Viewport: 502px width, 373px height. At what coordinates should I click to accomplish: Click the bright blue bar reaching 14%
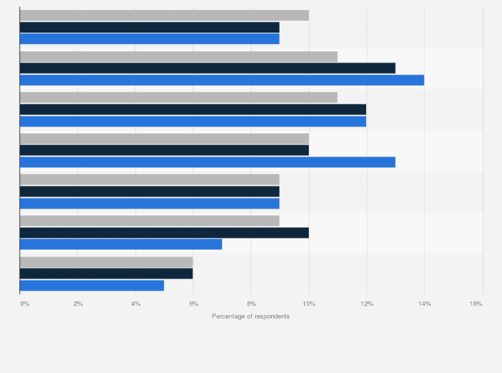coord(222,80)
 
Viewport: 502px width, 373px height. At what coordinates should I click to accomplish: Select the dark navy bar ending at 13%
coord(207,68)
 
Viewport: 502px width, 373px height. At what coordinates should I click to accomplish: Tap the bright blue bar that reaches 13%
coord(207,162)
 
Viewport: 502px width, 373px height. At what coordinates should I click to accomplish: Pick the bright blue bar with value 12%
coord(193,121)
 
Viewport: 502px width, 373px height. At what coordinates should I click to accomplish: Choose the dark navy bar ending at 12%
coord(193,109)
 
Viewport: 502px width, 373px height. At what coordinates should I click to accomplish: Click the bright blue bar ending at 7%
coord(121,244)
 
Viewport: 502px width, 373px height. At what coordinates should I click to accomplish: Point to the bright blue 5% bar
coord(92,285)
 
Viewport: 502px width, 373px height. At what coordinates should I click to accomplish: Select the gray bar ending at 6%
coord(107,262)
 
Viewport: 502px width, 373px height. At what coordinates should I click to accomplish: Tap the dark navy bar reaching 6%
coord(107,273)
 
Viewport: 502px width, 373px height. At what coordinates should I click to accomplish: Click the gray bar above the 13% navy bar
coord(178,57)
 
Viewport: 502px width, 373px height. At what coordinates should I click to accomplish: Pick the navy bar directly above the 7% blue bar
coord(164,232)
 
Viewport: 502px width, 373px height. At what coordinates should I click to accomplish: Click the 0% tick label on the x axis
coord(25,304)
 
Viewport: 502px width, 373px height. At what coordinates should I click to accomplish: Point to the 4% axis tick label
coord(136,304)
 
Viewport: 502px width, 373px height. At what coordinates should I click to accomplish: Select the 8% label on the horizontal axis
coord(251,304)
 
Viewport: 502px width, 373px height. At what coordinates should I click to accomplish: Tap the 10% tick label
coord(309,304)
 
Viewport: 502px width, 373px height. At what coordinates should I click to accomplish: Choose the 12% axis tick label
coord(367,304)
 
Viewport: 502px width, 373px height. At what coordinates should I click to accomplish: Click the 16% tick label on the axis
coord(476,304)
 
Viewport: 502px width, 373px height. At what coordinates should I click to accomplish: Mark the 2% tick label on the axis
coord(78,304)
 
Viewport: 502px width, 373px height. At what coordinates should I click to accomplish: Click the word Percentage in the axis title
coord(229,316)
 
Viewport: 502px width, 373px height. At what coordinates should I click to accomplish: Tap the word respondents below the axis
coord(272,316)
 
